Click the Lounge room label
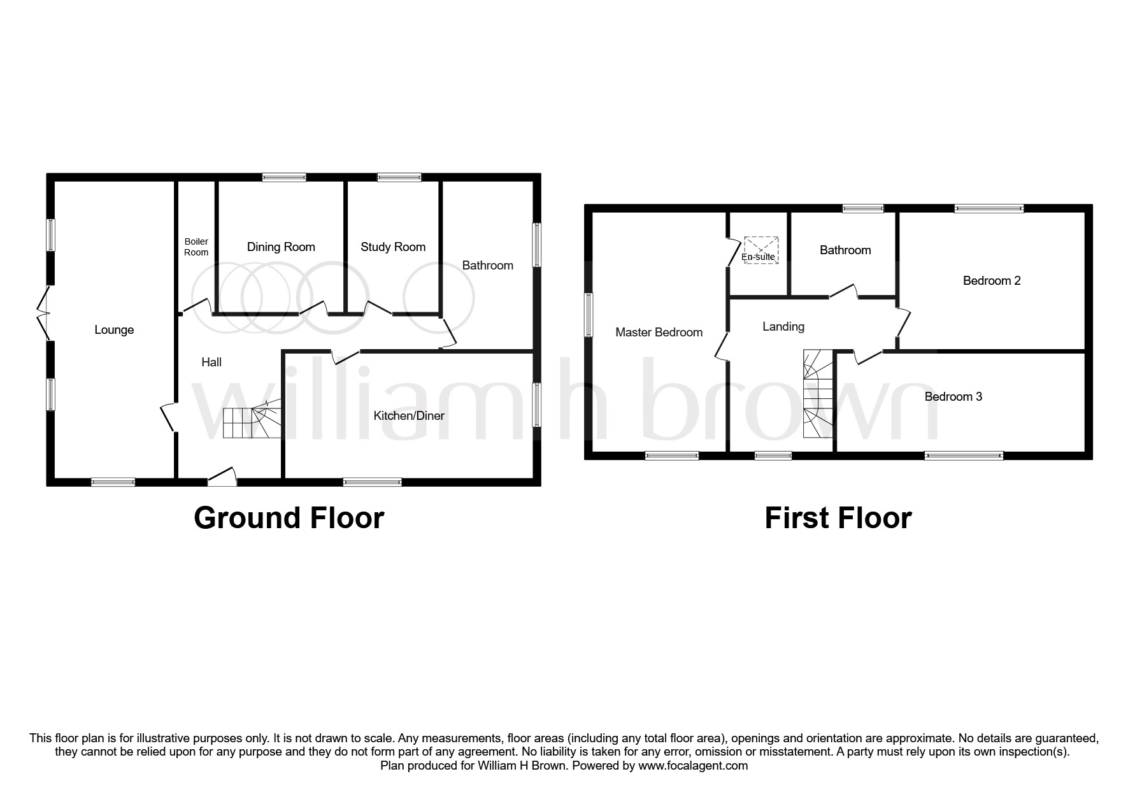click(114, 330)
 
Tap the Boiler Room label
click(196, 247)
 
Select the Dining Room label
click(281, 247)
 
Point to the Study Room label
click(393, 247)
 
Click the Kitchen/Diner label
click(409, 416)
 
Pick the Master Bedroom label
click(659, 333)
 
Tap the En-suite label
click(759, 257)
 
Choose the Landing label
click(783, 327)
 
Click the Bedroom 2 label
click(992, 281)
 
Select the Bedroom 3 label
click(953, 397)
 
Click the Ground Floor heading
click(289, 518)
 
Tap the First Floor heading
click(838, 518)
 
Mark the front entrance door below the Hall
click(222, 479)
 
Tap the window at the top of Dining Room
click(284, 178)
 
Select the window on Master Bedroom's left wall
click(589, 315)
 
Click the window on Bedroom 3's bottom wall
click(964, 456)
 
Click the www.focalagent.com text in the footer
click(693, 766)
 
